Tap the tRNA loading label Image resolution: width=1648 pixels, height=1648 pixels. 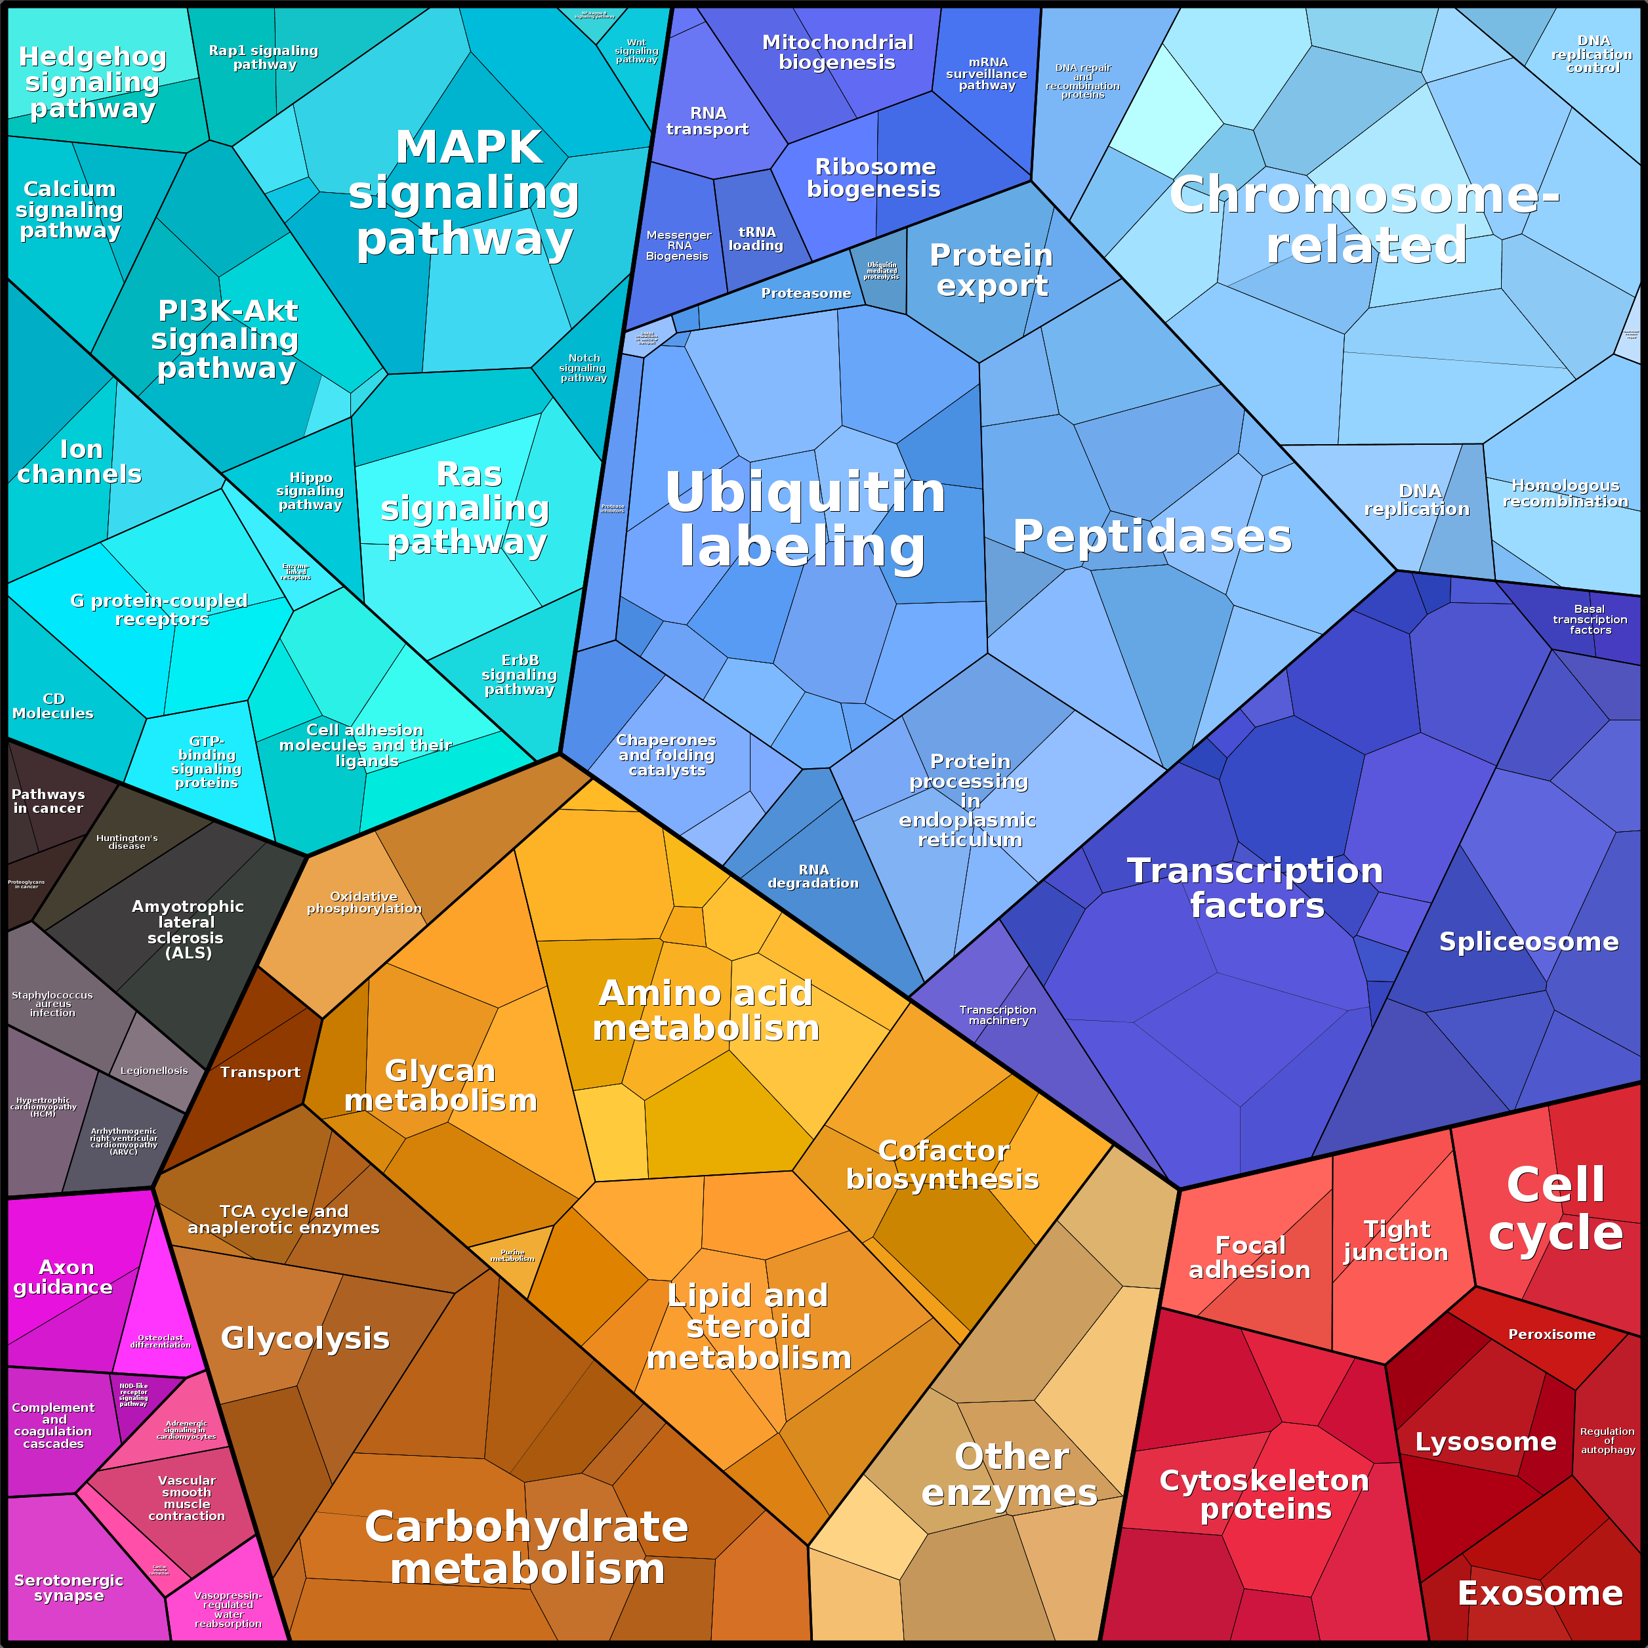tap(756, 239)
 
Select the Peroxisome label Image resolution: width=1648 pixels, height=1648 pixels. tap(1551, 1334)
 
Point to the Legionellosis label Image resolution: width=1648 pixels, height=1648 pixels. tap(154, 1071)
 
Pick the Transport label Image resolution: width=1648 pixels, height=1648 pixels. tap(260, 1072)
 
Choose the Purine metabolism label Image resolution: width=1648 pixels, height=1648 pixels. tap(512, 1256)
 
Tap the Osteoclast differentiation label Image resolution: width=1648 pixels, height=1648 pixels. tap(160, 1342)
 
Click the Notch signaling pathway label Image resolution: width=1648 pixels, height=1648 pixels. tap(583, 367)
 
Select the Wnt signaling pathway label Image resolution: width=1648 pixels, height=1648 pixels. tap(636, 51)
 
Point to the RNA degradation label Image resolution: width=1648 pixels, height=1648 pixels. tap(813, 876)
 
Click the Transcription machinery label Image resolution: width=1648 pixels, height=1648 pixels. tap(998, 1015)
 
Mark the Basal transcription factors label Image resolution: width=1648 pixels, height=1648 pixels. tap(1590, 619)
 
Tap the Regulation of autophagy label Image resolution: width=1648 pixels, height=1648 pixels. tap(1608, 1441)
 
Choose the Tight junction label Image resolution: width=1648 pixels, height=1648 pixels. tap(1395, 1241)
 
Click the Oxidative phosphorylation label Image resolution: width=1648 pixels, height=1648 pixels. tap(364, 903)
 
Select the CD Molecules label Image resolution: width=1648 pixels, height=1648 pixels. tap(53, 707)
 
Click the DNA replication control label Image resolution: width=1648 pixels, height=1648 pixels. tap(1592, 54)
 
